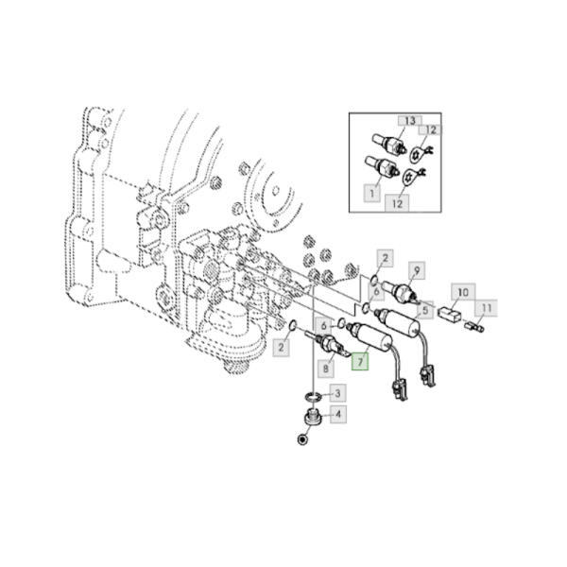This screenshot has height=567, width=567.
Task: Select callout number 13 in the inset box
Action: (410, 121)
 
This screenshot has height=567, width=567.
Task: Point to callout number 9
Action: (417, 269)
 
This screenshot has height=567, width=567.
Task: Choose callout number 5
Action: (427, 310)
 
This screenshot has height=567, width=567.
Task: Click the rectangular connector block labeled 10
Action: (451, 317)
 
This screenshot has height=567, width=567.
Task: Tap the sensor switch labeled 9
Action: (402, 288)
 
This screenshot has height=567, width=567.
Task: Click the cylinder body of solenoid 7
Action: (371, 339)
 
